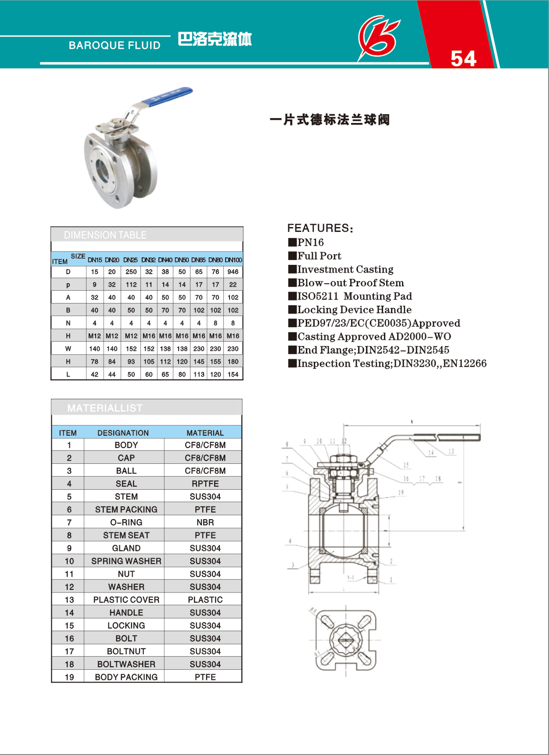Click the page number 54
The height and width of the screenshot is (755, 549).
463,58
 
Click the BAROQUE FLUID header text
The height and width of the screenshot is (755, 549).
115,45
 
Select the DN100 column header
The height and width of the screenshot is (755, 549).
233,260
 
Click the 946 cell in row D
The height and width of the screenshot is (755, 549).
233,272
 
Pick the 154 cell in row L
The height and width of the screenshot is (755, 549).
233,375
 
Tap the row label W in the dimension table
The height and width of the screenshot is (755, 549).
68,349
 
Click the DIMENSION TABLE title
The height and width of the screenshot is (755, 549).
105,235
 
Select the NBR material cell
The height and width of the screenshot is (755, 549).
205,523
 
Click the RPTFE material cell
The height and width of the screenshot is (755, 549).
205,484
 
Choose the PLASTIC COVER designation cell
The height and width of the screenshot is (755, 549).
126,600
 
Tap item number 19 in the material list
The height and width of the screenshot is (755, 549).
69,677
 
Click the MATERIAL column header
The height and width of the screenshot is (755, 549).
205,433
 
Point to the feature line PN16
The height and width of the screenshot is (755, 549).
310,242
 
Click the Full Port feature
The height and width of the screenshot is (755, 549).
319,256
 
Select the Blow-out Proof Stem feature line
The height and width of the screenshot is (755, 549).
350,283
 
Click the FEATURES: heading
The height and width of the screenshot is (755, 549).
320,228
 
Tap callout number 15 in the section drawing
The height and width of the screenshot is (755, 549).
406,465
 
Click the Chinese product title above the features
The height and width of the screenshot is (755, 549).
330,119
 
